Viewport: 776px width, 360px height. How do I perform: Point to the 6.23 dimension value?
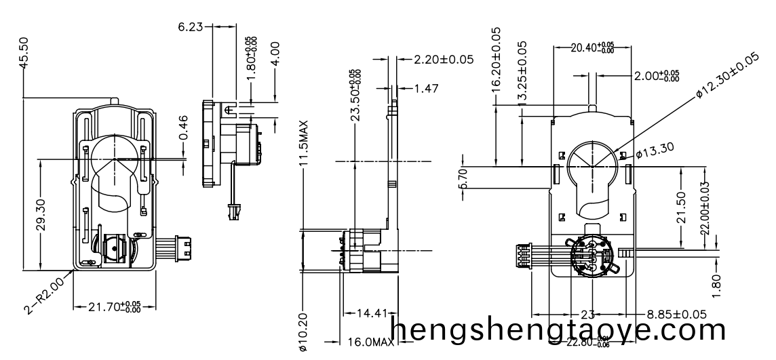point(191,27)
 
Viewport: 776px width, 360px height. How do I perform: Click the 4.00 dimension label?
point(275,54)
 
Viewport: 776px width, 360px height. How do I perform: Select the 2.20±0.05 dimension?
point(444,60)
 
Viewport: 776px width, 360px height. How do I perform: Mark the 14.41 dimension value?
point(371,314)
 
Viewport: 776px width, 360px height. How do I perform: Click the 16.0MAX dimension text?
point(370,342)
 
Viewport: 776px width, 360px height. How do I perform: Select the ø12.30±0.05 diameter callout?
point(726,77)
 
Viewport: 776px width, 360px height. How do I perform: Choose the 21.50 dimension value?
point(682,207)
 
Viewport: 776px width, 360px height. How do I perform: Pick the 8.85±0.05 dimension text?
point(676,315)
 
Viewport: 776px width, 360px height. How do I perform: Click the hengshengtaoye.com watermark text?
point(559,331)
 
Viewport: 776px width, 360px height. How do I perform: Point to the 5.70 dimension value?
point(463,178)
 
